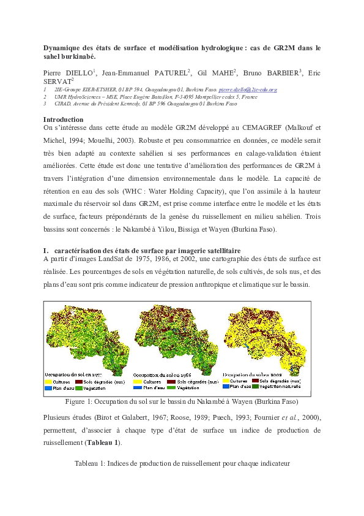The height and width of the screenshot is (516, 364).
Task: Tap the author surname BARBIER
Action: click(x=281, y=73)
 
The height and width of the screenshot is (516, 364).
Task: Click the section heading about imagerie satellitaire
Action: click(x=147, y=250)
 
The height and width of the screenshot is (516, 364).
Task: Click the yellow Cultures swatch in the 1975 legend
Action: click(x=50, y=381)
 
